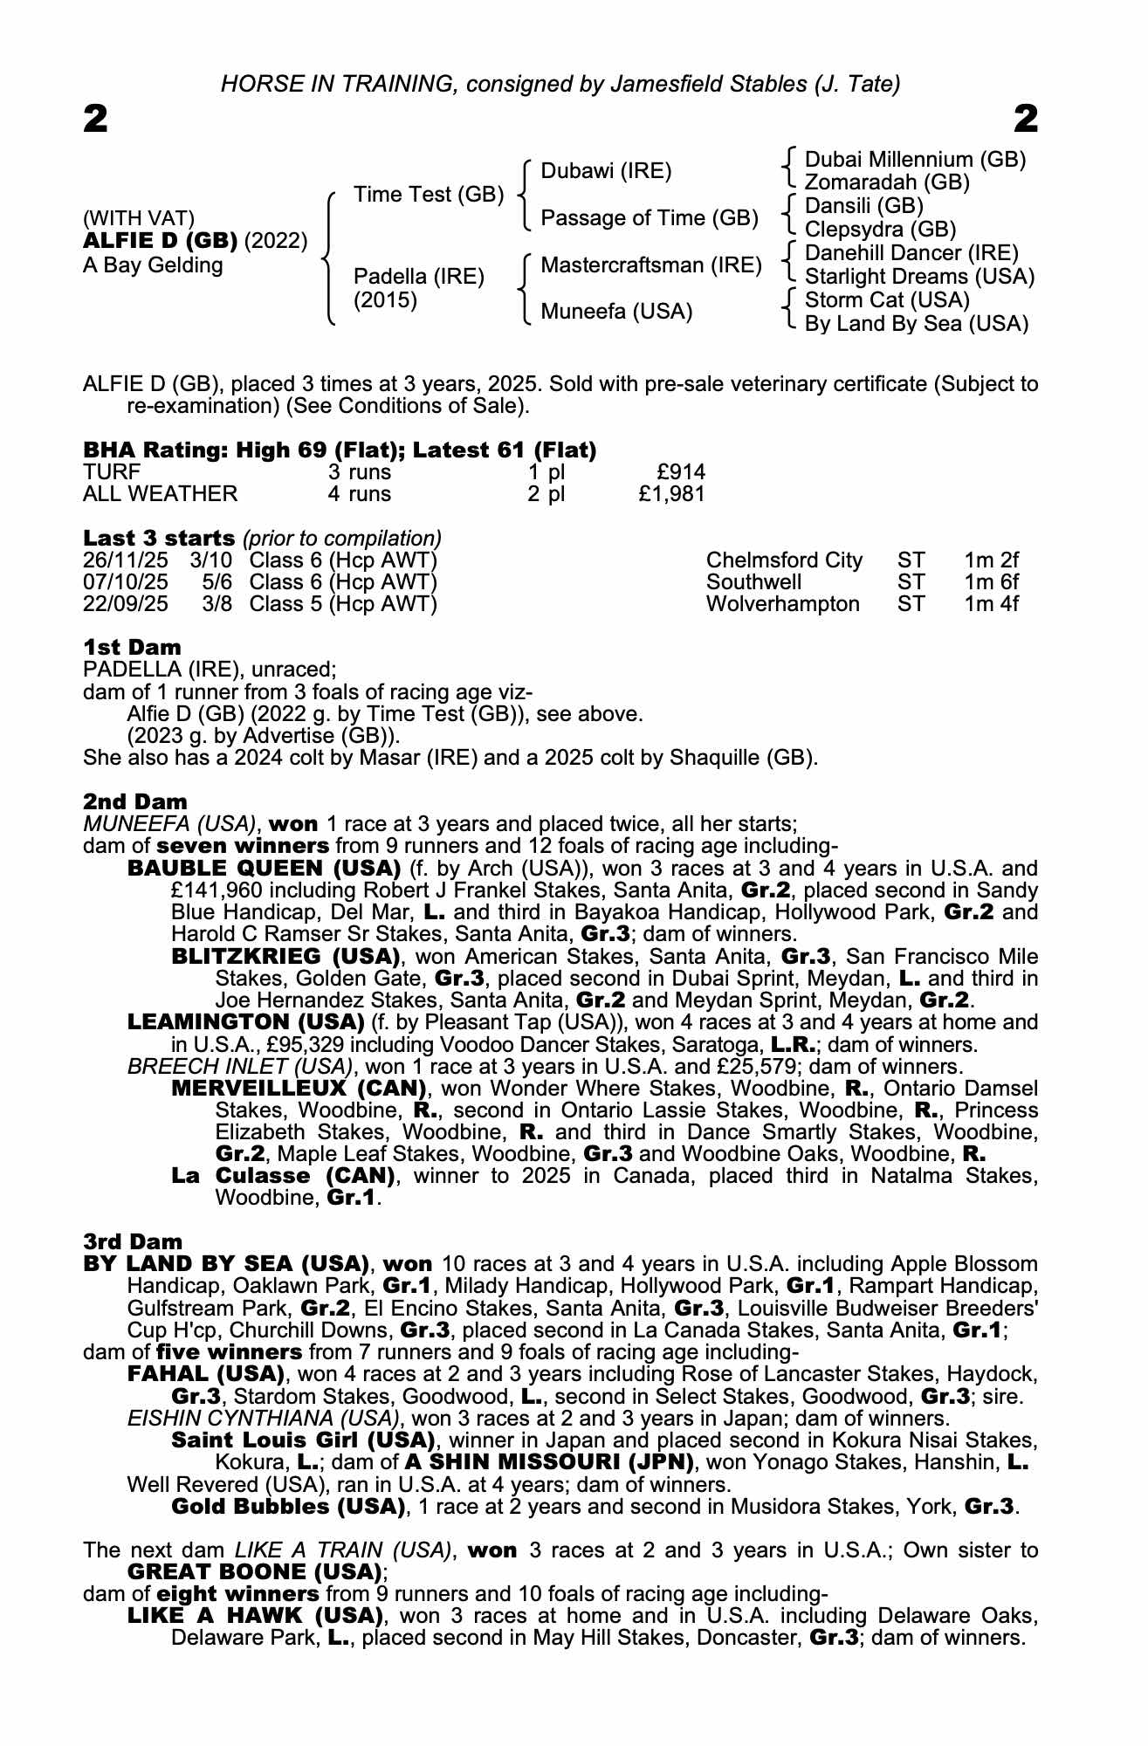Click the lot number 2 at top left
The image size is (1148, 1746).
[x=95, y=119]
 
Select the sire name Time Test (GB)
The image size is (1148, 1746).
[x=429, y=195]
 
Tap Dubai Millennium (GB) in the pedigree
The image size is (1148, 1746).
[x=914, y=160]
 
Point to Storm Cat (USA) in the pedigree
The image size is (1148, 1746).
[x=887, y=300]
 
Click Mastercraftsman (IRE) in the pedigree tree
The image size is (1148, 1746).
[x=651, y=265]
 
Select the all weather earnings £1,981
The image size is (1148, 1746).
[x=671, y=494]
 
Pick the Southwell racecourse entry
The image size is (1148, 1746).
[x=753, y=582]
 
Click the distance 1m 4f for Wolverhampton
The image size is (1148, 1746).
[x=991, y=604]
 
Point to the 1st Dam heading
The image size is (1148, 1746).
[x=132, y=648]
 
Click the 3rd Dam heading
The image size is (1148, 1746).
[x=133, y=1241]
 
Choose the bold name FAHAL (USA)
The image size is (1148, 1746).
[x=206, y=1374]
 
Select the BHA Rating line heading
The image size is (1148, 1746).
[x=340, y=450]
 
